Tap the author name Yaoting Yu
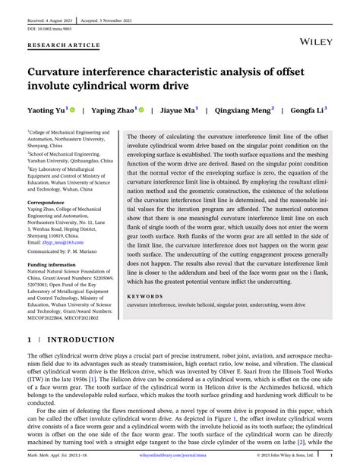[46, 110]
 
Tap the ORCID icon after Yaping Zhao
[141, 110]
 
